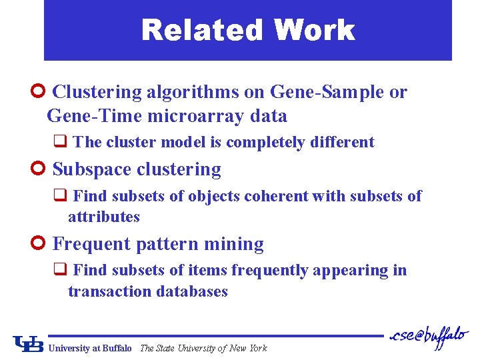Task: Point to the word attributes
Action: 104,217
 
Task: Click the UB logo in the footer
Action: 29,344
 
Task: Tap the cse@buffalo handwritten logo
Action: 430,337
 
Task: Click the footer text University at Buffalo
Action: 90,348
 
